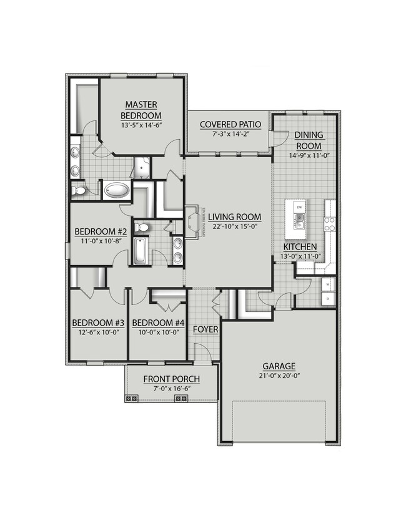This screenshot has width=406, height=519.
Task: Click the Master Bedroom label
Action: click(141, 110)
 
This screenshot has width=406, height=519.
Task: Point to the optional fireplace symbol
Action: click(192, 221)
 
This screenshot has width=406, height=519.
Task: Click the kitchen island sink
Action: click(300, 220)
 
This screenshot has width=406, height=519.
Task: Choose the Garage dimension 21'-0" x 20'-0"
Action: click(280, 376)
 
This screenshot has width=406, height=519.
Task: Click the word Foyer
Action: click(205, 329)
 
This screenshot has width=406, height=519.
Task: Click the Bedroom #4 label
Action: click(159, 323)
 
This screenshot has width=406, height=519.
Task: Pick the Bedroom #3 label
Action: click(98, 323)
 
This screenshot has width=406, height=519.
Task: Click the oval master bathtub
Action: click(116, 190)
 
